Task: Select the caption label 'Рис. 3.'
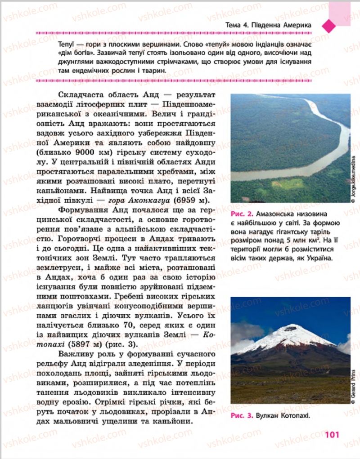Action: (x=242, y=416)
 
